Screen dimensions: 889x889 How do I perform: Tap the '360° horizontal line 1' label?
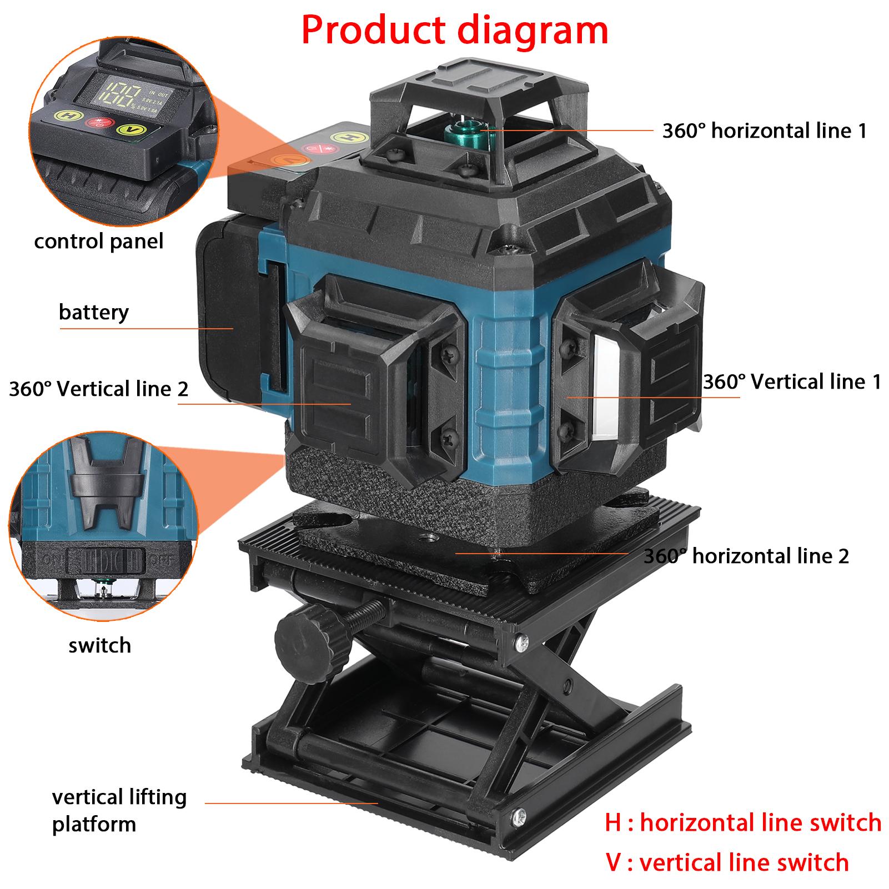pos(764,131)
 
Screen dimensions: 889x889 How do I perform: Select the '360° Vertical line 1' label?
pos(792,382)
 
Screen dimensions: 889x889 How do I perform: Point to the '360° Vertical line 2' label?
pos(99,389)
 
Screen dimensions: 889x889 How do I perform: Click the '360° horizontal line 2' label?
pos(746,556)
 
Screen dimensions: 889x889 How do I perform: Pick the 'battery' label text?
pos(93,312)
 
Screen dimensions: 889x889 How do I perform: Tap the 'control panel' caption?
pos(99,242)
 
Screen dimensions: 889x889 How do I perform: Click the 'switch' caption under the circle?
pos(100,645)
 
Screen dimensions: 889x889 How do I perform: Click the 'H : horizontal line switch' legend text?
pos(743,822)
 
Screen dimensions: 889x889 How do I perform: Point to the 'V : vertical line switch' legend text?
pos(727,862)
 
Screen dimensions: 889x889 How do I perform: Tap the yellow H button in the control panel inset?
pos(69,117)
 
